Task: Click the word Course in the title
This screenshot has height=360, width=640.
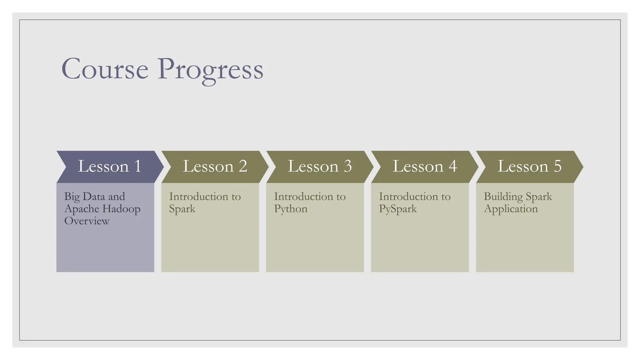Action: [x=105, y=69]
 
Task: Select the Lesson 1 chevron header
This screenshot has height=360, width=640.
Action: [x=109, y=167]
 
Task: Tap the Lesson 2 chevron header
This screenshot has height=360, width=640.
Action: [x=215, y=167]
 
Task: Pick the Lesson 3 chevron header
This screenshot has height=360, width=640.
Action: [x=319, y=167]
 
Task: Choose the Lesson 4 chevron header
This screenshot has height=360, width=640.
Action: [x=424, y=167]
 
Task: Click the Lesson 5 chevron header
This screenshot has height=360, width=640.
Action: [x=529, y=167]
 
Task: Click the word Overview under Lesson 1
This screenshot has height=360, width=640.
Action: [x=87, y=221]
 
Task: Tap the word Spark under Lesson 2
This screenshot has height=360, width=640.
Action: [x=182, y=209]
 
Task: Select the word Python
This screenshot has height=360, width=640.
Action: [x=291, y=209]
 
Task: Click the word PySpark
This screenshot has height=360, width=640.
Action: [x=398, y=209]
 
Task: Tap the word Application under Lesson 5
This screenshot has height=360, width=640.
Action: [x=511, y=209]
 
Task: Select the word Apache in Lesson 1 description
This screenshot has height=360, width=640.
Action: [x=82, y=209]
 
